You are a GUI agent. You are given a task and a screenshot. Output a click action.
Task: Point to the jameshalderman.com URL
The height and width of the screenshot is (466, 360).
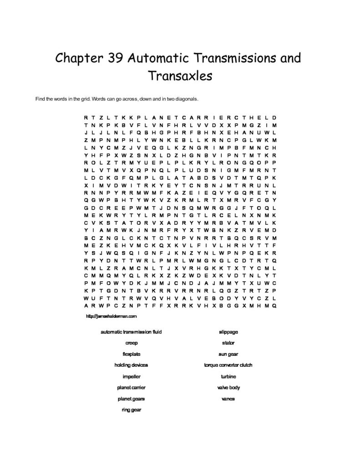[x=111, y=315]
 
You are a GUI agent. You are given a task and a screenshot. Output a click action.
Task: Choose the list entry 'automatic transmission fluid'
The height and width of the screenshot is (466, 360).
[x=132, y=332]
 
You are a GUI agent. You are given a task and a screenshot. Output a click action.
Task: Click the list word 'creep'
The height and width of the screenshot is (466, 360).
[x=132, y=343]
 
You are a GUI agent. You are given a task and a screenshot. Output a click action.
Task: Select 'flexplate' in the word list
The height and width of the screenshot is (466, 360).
[x=132, y=354]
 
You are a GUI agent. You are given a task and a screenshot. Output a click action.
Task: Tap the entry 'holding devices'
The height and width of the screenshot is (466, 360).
[x=132, y=365]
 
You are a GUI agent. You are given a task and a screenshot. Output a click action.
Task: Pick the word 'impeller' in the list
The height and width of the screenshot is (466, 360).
[x=132, y=376]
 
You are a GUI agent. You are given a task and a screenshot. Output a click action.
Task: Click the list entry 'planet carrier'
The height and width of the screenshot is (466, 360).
[x=132, y=388]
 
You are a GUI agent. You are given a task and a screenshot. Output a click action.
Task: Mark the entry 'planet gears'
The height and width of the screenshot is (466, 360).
[x=132, y=399]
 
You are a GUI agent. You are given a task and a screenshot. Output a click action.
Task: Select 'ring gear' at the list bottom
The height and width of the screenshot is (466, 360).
[x=132, y=410]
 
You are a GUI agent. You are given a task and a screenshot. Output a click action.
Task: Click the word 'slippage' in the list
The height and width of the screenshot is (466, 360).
[x=228, y=332]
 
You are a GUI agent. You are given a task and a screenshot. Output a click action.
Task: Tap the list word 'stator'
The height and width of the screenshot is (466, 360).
[x=228, y=343]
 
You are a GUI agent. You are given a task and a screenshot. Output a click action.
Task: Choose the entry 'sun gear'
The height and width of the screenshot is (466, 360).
[x=228, y=354]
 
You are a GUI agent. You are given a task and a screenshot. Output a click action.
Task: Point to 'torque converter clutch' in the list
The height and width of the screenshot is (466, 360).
[x=228, y=365]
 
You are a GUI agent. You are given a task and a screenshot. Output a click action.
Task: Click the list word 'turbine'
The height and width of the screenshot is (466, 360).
[x=228, y=376]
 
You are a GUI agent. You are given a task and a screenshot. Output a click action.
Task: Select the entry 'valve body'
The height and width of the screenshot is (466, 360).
[x=228, y=388]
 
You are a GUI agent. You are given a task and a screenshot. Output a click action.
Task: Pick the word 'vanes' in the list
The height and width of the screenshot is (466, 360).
[x=228, y=399]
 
